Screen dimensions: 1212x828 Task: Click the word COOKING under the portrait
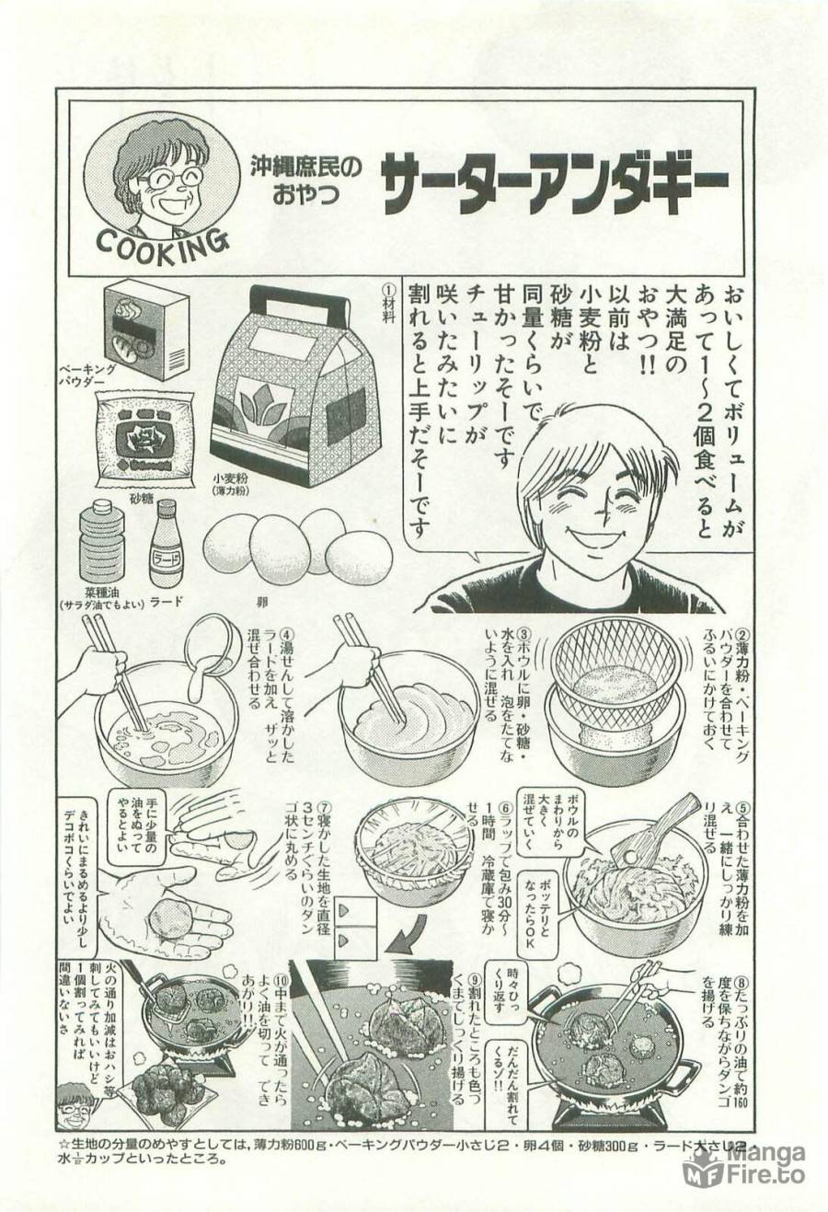point(162,245)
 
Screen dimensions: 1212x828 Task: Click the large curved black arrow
point(403,939)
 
